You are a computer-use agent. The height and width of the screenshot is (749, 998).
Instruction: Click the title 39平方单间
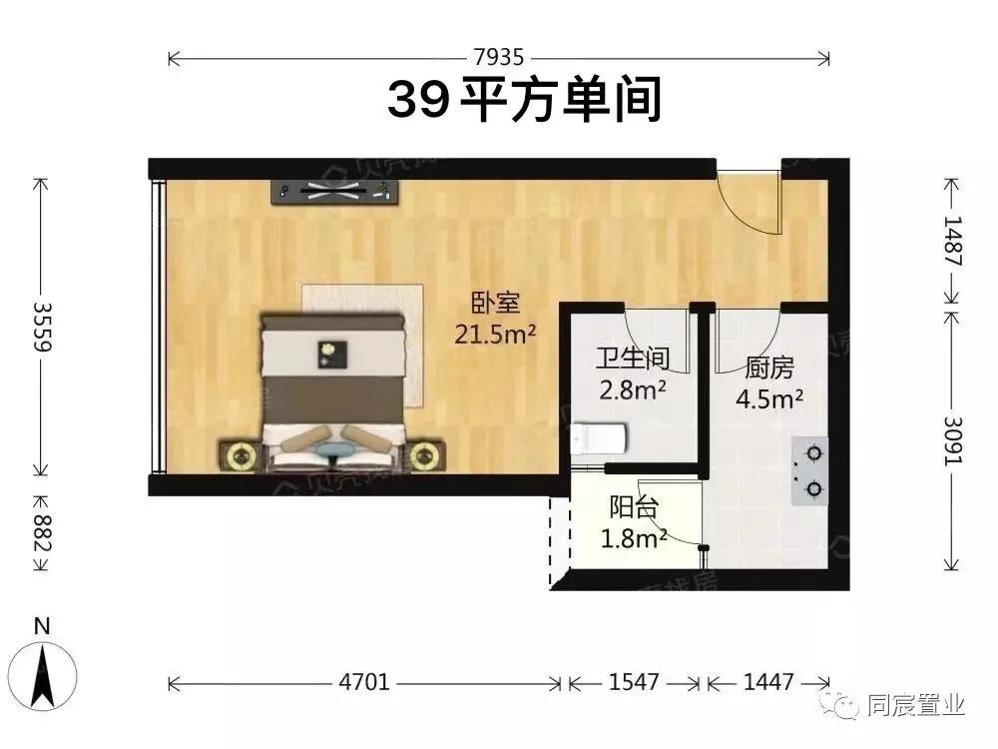coord(525,100)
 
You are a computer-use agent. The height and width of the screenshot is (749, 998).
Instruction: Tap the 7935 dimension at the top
coord(499,58)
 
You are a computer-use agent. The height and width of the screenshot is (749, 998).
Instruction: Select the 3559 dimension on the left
coord(41,327)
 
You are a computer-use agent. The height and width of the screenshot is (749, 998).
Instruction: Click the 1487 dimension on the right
coord(953,240)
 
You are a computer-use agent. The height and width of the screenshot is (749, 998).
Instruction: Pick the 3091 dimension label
coord(953,439)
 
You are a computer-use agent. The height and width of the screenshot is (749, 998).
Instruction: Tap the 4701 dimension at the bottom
coord(364,683)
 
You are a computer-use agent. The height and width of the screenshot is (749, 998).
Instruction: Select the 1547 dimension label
coord(634,683)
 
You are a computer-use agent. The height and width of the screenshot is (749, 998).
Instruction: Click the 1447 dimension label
coord(768,683)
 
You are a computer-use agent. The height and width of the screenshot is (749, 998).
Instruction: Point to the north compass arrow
coord(42,675)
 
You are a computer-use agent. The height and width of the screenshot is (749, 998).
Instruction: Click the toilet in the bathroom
coord(599,436)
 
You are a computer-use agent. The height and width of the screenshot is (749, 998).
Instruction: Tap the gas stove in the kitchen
coord(810,470)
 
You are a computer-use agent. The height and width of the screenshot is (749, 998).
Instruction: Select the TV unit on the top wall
coord(336,193)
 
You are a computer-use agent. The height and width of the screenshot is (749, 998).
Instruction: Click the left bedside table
coord(241,456)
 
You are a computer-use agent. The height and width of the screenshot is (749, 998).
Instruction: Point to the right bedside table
coord(425,456)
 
